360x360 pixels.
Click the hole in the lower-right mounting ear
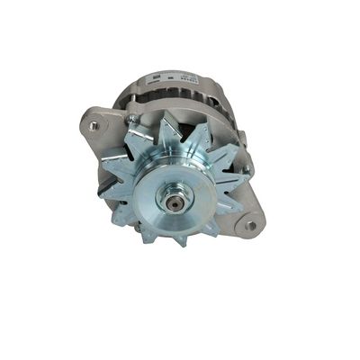[251, 225]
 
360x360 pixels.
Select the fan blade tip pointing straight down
[180, 242]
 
